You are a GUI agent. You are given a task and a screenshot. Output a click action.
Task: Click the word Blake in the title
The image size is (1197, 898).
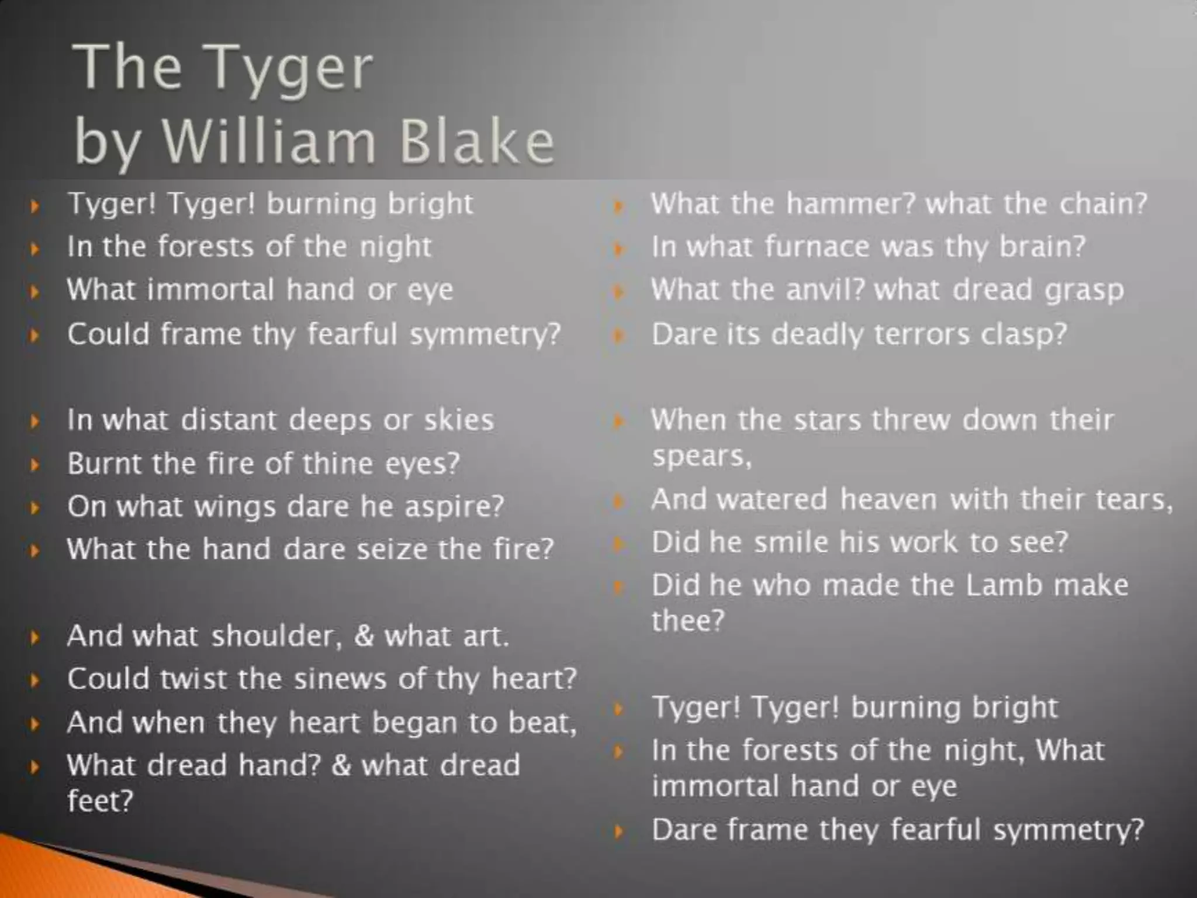point(476,141)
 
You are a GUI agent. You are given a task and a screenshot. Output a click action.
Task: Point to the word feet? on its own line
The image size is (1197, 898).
point(100,801)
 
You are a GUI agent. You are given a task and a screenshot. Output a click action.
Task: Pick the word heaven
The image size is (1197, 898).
point(888,500)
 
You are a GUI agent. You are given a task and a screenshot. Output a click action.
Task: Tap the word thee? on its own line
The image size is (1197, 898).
point(688,621)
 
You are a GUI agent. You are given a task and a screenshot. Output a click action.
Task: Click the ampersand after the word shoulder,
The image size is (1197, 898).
point(364,636)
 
